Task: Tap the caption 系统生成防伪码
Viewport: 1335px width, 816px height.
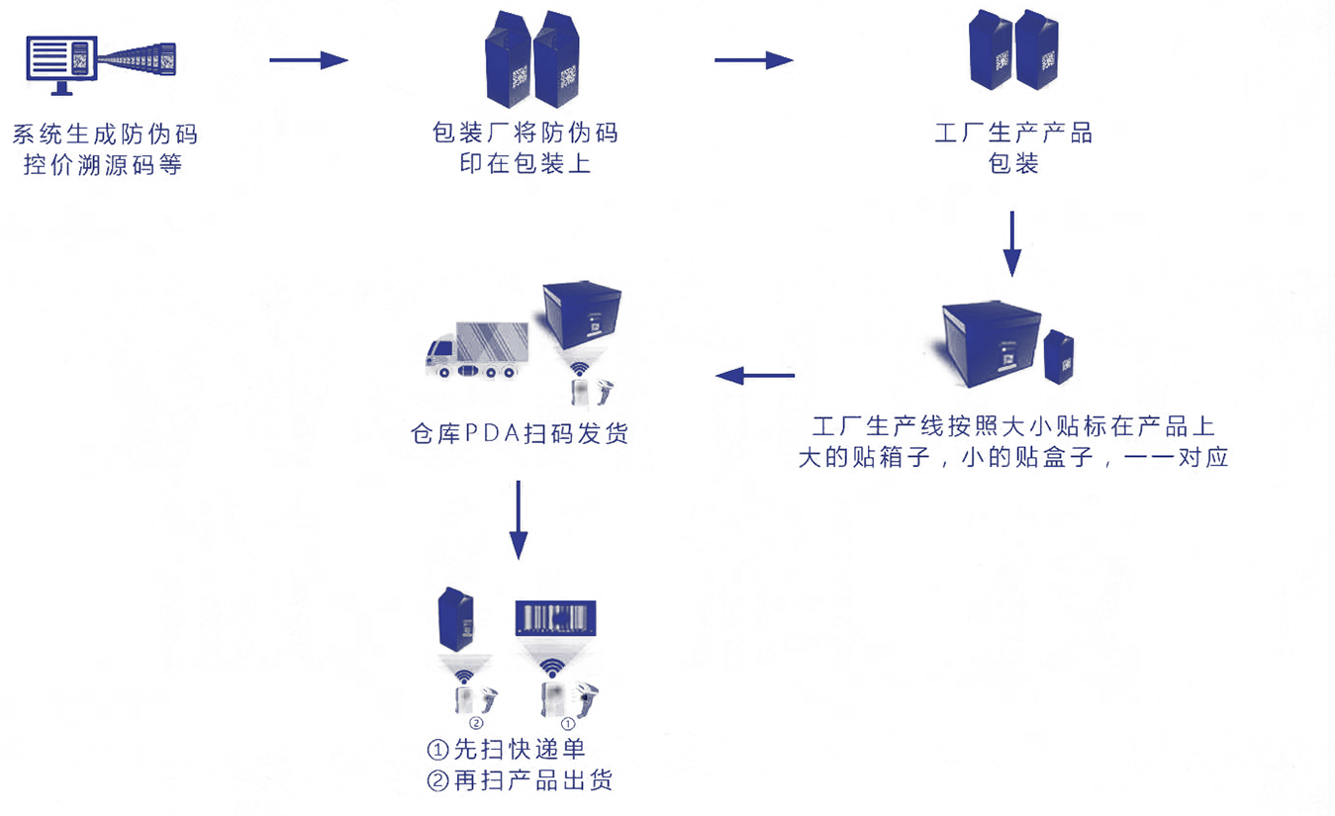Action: tap(104, 134)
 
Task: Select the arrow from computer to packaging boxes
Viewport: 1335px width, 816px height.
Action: tap(309, 60)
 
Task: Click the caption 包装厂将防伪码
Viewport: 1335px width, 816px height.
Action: tap(525, 133)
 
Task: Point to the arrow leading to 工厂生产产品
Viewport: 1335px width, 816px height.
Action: tap(753, 60)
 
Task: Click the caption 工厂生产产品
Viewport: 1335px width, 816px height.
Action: tap(1013, 133)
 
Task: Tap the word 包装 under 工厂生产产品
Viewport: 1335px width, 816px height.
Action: tap(1013, 163)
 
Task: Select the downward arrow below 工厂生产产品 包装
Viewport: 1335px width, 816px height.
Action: tap(1011, 242)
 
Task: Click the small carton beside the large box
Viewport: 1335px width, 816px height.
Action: tap(1059, 357)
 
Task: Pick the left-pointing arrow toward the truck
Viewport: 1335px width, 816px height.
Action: tap(755, 375)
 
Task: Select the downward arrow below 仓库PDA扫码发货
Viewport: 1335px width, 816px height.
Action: tap(518, 518)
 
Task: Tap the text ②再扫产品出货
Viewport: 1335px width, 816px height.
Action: tap(521, 780)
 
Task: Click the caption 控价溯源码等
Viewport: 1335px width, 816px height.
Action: tap(104, 164)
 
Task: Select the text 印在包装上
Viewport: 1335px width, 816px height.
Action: tap(525, 163)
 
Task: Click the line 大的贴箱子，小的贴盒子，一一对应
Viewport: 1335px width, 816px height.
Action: tap(1013, 458)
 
